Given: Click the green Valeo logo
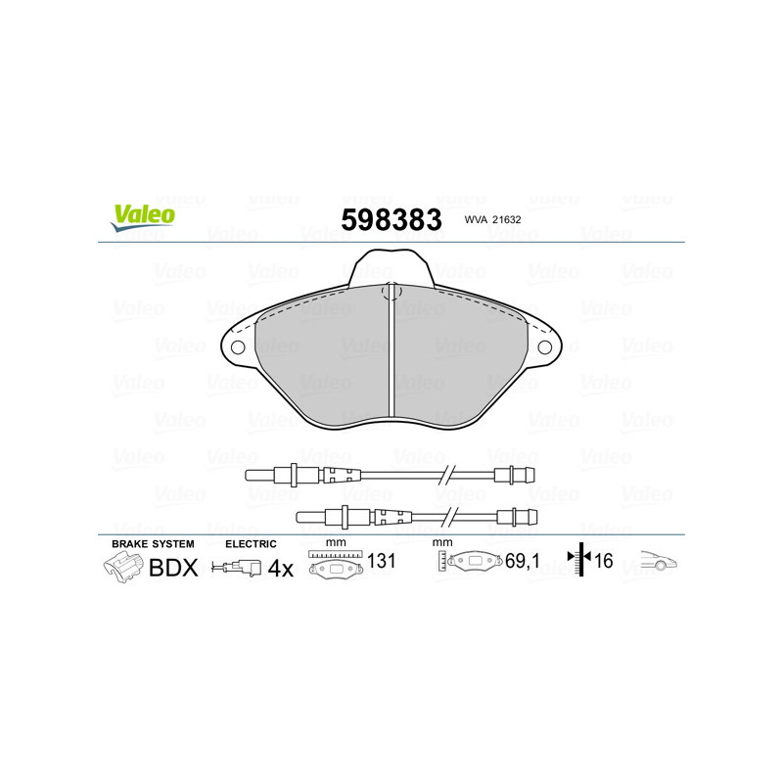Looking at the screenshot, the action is (143, 217).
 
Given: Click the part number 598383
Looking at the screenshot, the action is (391, 219).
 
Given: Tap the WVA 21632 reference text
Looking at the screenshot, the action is (492, 219).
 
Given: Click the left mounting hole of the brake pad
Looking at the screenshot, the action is (238, 347).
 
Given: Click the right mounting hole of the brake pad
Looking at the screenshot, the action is (544, 347).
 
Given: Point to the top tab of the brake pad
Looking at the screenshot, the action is (391, 267).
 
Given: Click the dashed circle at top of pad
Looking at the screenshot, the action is (391, 291).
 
